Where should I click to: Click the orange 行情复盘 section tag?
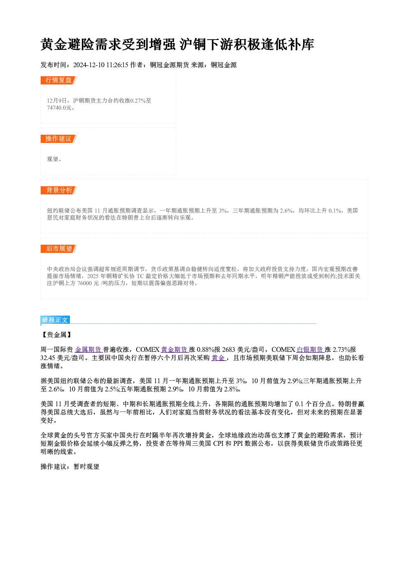click(x=58, y=80)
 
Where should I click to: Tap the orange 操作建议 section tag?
click(x=58, y=139)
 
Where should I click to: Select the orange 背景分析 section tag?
click(x=58, y=190)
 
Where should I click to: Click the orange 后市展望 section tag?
click(x=58, y=249)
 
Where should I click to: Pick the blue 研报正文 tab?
click(x=55, y=320)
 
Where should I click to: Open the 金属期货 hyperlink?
click(x=89, y=350)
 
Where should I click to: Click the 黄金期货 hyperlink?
click(x=175, y=350)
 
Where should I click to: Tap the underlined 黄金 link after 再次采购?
click(x=218, y=358)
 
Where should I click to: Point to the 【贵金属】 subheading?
click(x=56, y=335)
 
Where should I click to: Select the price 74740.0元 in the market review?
click(x=59, y=108)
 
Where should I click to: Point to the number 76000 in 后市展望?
click(x=84, y=283)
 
